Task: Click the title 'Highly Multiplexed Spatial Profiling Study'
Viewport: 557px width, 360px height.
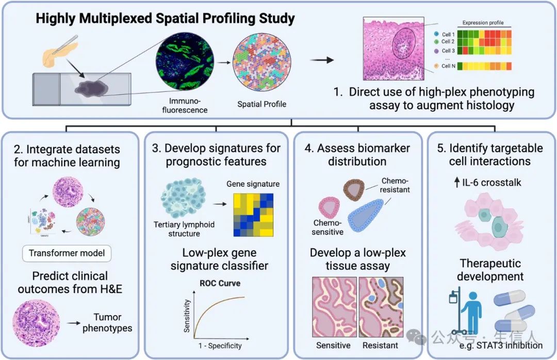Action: point(165,19)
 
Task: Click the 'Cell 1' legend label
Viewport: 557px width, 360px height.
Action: point(448,35)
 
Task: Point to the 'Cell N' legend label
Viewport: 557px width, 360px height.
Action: point(448,66)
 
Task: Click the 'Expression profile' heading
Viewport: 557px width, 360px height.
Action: point(483,23)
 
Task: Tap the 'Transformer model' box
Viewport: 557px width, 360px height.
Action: point(67,253)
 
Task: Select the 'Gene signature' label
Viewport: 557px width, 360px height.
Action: point(253,184)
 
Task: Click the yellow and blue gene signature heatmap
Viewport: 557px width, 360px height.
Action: point(253,214)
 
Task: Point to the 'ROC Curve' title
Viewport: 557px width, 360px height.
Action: point(220,283)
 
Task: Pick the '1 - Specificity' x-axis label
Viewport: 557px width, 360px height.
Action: point(220,346)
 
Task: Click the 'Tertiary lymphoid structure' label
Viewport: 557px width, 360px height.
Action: point(184,229)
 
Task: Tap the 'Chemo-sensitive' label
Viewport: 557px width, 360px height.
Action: point(327,227)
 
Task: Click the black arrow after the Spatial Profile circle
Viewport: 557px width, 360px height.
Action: point(322,60)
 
